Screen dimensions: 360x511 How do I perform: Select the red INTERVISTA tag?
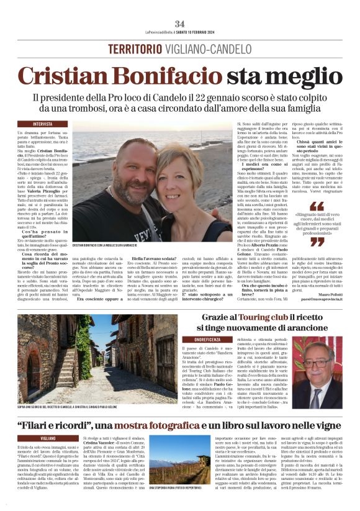(x=43, y=124)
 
